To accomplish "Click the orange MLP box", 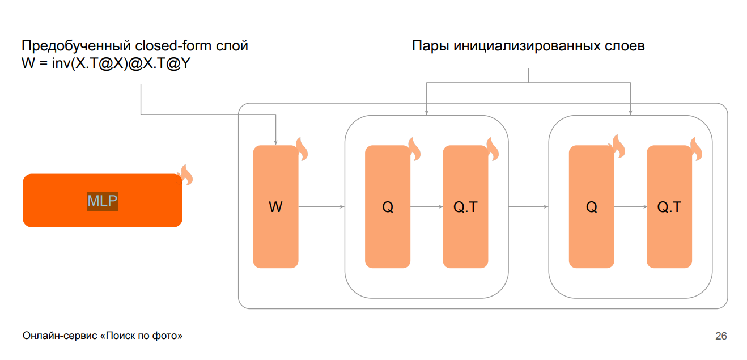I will (x=102, y=200).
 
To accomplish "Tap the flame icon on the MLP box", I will (x=185, y=175).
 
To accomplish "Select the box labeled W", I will (x=275, y=207).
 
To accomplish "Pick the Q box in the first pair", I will (x=387, y=207).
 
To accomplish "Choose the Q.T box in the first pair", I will (x=465, y=207).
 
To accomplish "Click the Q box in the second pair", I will (x=591, y=207).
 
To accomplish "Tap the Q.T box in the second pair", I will (x=669, y=207).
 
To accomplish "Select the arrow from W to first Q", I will (x=321, y=207).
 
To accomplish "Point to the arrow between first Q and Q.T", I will (x=426, y=207).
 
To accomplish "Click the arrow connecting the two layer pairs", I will (x=528, y=207).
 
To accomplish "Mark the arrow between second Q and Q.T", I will (x=630, y=207).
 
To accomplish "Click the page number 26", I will (x=721, y=336).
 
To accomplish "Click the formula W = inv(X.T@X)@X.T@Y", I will (x=105, y=65).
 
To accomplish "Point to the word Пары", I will (x=431, y=46).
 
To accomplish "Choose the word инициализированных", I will (x=521, y=46).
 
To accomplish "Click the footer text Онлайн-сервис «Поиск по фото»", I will (x=103, y=336).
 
